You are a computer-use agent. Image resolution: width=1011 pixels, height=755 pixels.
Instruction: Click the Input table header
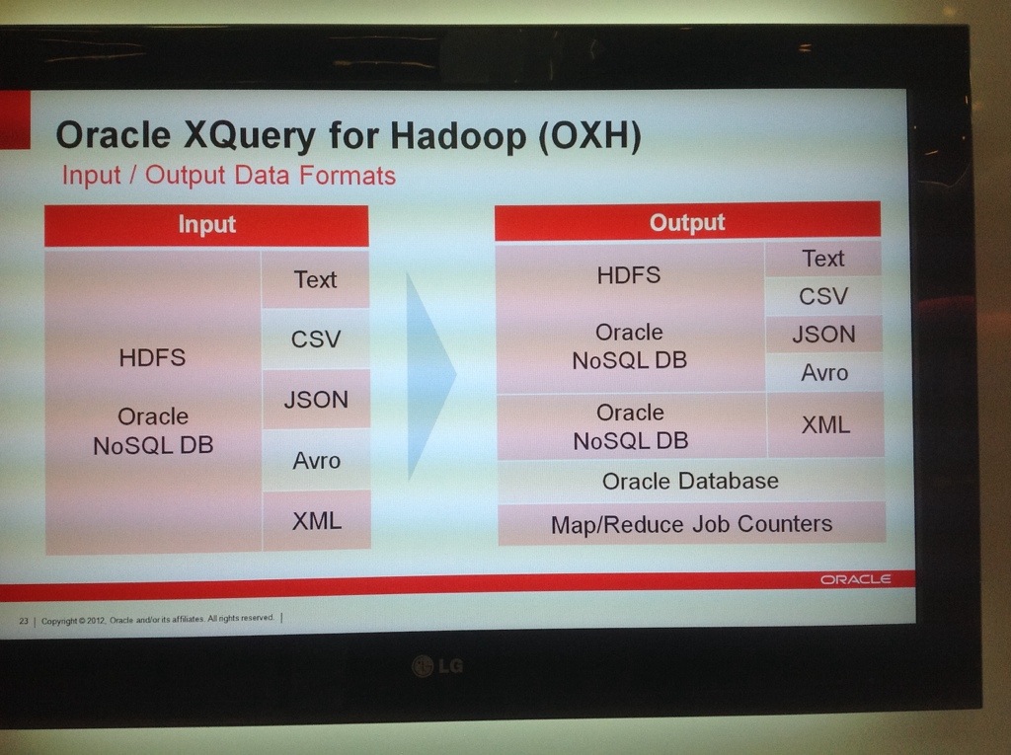point(206,226)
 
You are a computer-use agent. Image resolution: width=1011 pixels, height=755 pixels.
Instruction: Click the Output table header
point(687,222)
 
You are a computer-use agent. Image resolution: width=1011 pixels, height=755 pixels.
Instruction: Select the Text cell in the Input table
point(315,279)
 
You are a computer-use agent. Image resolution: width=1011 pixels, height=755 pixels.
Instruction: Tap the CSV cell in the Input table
point(315,339)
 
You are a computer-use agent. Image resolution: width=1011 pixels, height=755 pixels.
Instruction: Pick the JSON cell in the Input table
point(316,399)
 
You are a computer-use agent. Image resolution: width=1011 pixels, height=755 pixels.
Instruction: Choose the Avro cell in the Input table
point(316,460)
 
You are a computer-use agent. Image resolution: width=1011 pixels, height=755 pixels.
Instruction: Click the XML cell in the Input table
point(317,520)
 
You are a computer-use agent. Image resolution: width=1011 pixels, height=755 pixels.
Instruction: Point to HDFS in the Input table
point(152,357)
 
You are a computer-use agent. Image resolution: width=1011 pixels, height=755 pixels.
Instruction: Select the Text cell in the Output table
point(823,259)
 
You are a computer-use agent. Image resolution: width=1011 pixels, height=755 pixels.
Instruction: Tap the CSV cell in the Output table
point(823,296)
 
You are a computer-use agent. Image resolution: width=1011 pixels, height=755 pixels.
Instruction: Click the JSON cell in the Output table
point(824,334)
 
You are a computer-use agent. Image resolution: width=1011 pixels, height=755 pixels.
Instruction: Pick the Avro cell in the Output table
point(824,372)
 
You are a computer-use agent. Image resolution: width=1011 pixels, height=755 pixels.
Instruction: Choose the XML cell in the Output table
point(825,425)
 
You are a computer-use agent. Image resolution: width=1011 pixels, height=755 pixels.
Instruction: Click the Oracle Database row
point(690,481)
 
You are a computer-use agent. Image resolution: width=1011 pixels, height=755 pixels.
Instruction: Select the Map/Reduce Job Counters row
point(692,524)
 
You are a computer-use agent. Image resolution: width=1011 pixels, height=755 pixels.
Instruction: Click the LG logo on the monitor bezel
point(437,665)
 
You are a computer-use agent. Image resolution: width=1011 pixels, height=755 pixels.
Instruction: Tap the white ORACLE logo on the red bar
point(856,579)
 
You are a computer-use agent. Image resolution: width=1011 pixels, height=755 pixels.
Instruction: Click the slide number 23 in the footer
point(24,621)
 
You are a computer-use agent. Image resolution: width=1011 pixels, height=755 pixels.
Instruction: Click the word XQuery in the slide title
point(250,136)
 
